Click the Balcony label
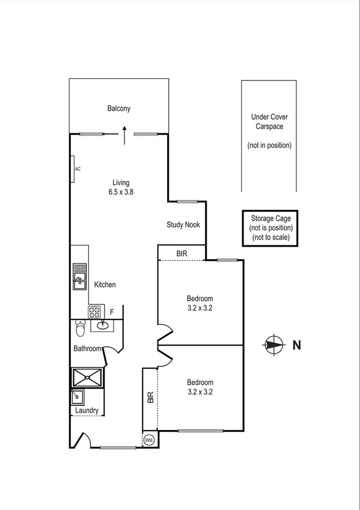(x=119, y=109)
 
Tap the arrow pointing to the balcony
(x=124, y=135)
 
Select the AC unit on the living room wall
(x=73, y=168)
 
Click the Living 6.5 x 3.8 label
(x=120, y=188)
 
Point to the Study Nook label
(x=183, y=225)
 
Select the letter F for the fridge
(x=111, y=312)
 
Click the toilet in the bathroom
(x=80, y=330)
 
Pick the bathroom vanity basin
(x=101, y=326)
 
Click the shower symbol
(x=87, y=377)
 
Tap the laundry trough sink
(x=77, y=397)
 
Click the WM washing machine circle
(x=149, y=440)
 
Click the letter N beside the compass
(x=296, y=345)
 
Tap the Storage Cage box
(x=270, y=228)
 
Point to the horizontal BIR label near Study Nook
(x=182, y=254)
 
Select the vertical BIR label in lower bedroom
(x=150, y=398)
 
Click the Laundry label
(x=87, y=411)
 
